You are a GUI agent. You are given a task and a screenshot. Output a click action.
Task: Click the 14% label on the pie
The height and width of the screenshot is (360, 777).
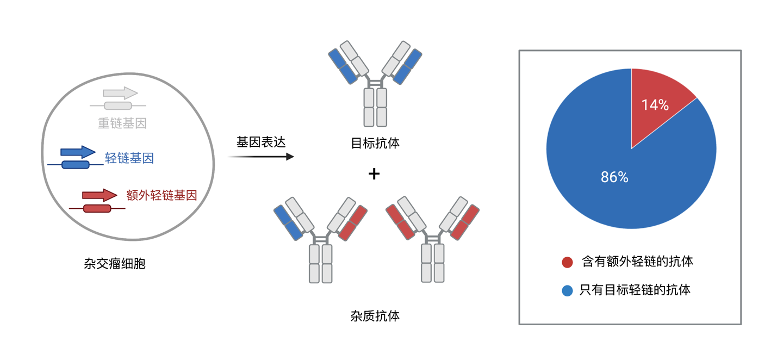[x=655, y=105]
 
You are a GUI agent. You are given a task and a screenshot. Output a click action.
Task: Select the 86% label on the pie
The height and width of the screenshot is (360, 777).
[x=614, y=177]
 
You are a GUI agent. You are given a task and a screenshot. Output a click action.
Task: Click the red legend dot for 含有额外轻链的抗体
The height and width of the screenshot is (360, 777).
[x=567, y=262]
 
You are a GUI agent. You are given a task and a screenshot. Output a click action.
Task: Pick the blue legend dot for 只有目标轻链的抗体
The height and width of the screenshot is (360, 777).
[x=567, y=290]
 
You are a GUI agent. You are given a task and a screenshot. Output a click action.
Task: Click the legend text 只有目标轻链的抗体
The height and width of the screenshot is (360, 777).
[x=635, y=290]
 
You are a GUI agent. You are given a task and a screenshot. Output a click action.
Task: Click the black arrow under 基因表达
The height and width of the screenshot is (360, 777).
[x=260, y=157]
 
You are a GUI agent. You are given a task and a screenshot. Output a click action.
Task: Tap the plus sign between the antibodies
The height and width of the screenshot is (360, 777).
[x=374, y=174]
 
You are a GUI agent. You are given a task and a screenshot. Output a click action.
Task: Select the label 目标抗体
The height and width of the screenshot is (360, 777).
[x=375, y=144]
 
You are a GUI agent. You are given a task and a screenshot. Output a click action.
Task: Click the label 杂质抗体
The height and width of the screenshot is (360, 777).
[x=375, y=316]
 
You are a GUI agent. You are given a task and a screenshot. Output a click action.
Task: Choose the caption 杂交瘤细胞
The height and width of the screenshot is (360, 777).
[x=115, y=264]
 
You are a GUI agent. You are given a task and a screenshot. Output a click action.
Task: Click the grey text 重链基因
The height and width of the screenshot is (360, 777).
[x=122, y=123]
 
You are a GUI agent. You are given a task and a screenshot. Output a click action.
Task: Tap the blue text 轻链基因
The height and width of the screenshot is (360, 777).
[x=129, y=158]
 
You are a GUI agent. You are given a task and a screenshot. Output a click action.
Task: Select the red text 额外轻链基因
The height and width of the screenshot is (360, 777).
[x=161, y=195]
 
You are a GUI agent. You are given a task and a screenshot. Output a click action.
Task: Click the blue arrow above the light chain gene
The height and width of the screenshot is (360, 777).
[x=77, y=152]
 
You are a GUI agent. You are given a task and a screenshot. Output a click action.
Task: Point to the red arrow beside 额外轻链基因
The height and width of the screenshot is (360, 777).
[x=99, y=195]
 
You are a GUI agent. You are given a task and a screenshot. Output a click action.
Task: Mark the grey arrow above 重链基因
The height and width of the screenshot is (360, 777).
[x=120, y=93]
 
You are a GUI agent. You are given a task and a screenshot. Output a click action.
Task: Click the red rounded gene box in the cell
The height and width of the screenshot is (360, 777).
[x=97, y=208]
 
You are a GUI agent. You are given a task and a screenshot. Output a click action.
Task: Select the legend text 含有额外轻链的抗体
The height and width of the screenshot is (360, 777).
[x=637, y=262]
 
